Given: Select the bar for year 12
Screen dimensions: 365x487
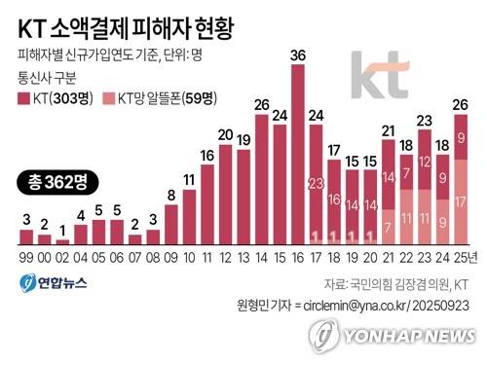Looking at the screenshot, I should click(x=226, y=195).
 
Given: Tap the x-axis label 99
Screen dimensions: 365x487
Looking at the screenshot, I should click(x=26, y=257).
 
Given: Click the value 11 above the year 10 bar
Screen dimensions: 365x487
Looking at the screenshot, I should click(x=189, y=179).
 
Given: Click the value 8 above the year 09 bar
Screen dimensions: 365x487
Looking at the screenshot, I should click(x=171, y=195).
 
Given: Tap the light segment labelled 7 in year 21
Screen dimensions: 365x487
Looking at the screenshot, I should click(x=389, y=227).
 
